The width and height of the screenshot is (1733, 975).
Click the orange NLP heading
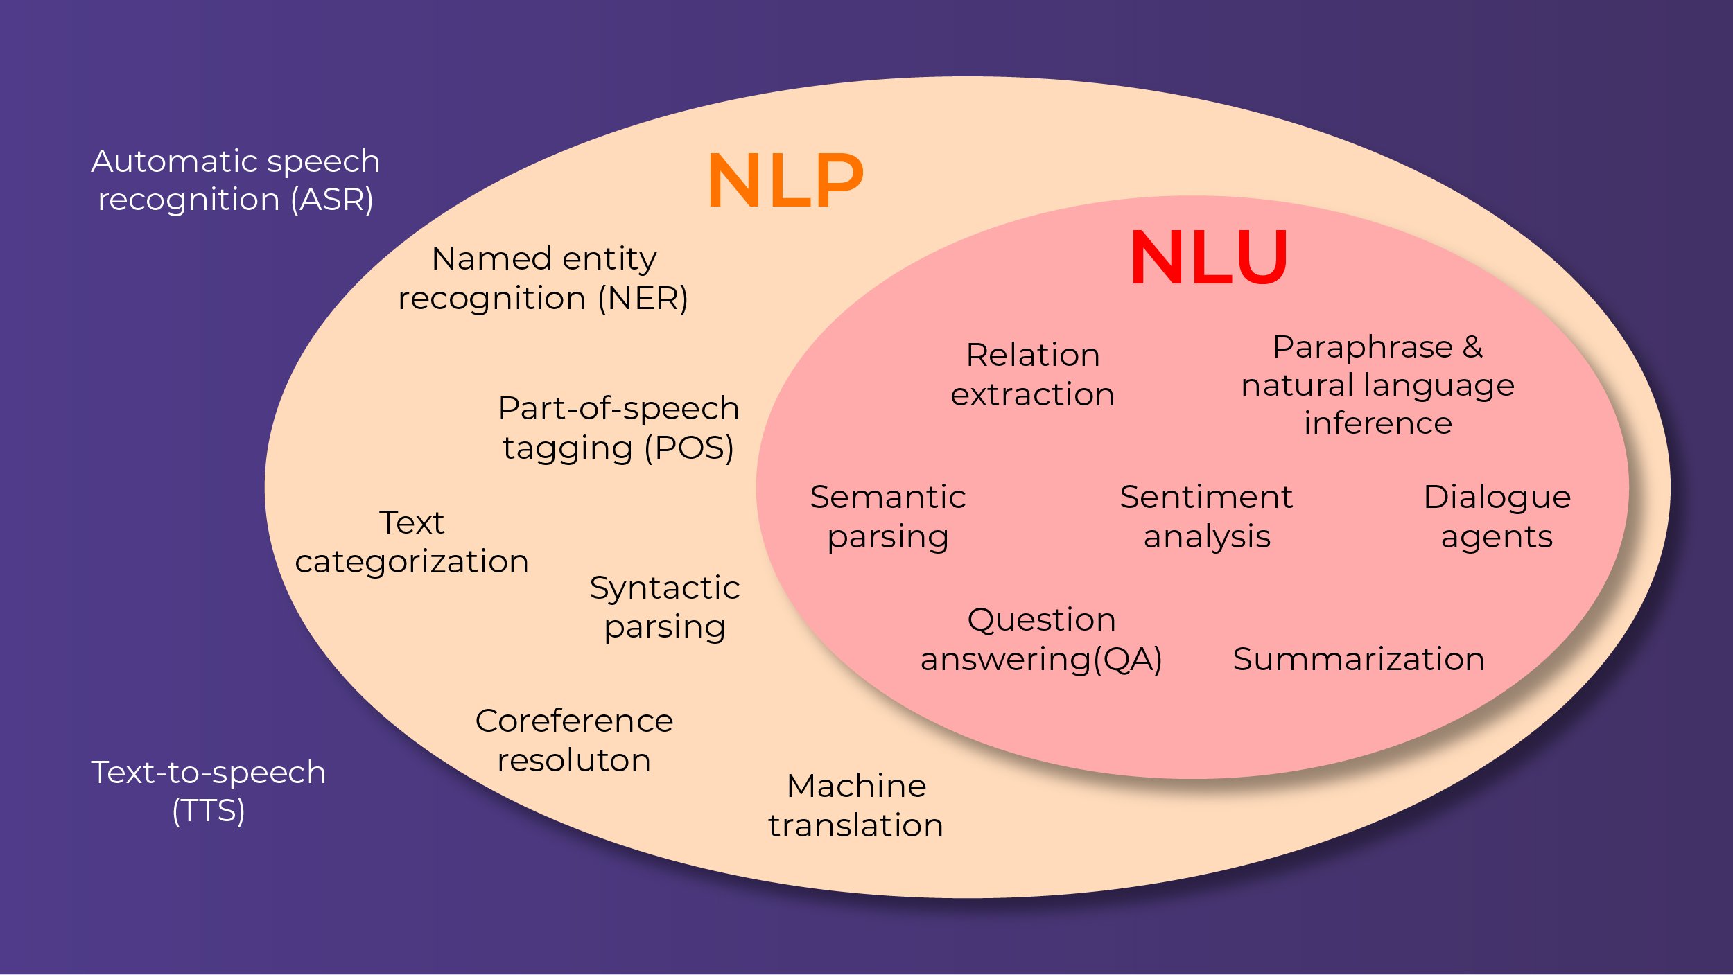coord(785,181)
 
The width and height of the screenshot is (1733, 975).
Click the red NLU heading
coord(1209,258)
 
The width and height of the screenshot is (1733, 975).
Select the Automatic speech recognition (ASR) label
coord(236,180)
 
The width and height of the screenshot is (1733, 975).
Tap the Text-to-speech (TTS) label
coord(208,791)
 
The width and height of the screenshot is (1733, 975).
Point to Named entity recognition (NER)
coord(543,279)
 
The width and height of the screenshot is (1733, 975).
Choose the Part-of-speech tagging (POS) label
coord(618,428)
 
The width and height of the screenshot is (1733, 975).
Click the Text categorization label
coord(412,542)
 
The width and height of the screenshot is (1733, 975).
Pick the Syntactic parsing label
coord(665,607)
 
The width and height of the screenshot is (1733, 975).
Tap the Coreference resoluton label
coord(574,740)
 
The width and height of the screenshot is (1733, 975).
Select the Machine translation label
coord(856,805)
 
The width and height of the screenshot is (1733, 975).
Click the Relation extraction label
coord(1032,375)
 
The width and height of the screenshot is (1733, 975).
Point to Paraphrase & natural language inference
coord(1377,385)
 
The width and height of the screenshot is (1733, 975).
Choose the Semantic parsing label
coord(888,517)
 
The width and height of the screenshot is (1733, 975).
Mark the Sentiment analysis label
coord(1206,517)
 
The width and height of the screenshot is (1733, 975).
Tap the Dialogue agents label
coord(1497,517)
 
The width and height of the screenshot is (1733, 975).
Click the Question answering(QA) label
coord(1041,639)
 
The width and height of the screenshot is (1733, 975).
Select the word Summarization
coord(1359,659)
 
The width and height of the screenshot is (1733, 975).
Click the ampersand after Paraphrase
coord(1472,347)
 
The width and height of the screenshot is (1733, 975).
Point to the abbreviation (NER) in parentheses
coord(643,299)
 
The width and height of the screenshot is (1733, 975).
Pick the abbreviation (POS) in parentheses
coord(688,448)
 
